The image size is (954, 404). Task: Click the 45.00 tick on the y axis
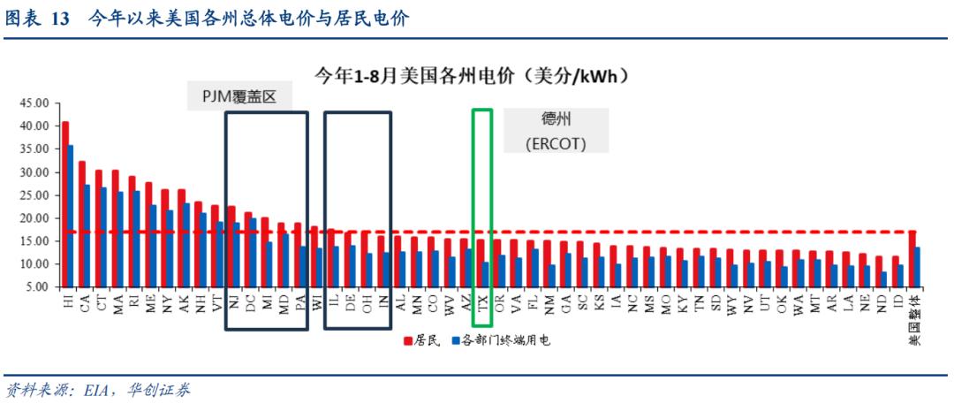[x=34, y=103]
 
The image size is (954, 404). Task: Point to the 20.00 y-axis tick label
[x=34, y=218]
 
